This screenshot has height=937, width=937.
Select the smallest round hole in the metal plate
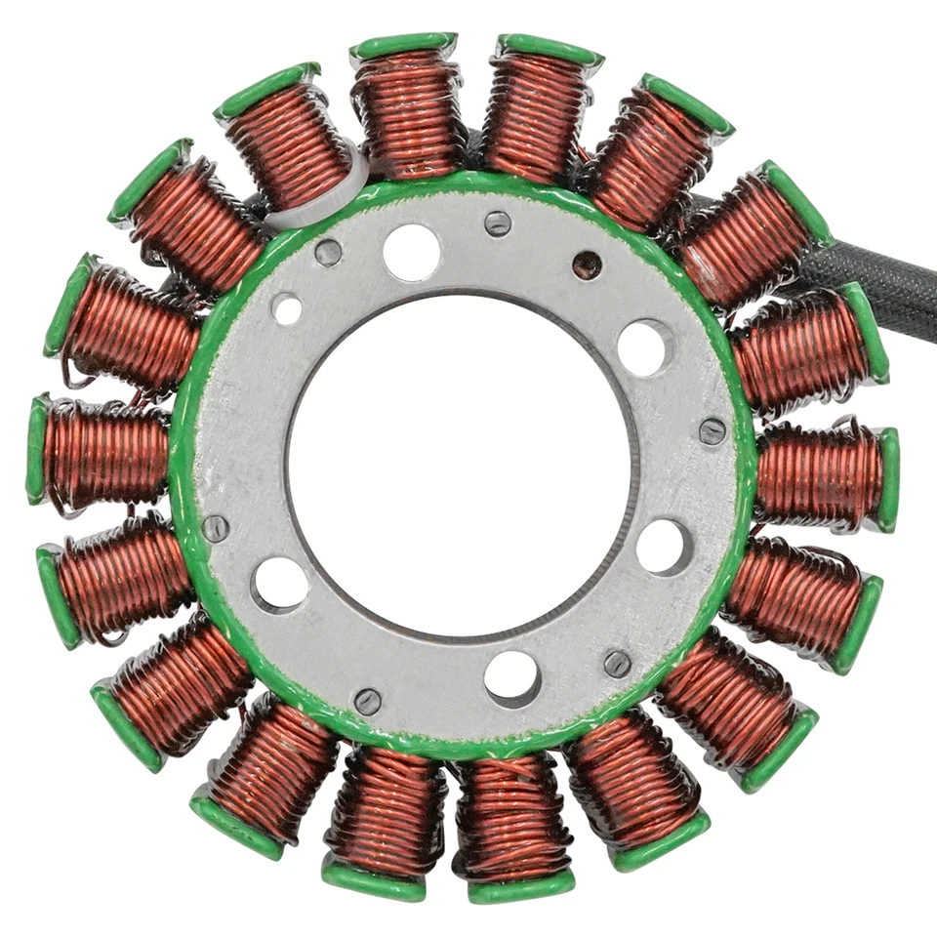click(287, 309)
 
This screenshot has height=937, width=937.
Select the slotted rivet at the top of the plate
click(498, 224)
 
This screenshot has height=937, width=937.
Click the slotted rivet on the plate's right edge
click(713, 431)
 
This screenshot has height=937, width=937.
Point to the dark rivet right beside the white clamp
click(329, 252)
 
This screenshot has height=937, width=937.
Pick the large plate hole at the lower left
click(280, 585)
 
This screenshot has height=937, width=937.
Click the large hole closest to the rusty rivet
click(645, 346)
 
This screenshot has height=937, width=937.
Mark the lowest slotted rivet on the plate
click(367, 701)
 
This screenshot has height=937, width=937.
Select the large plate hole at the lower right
click(665, 547)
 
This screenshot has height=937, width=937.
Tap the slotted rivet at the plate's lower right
click(617, 664)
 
